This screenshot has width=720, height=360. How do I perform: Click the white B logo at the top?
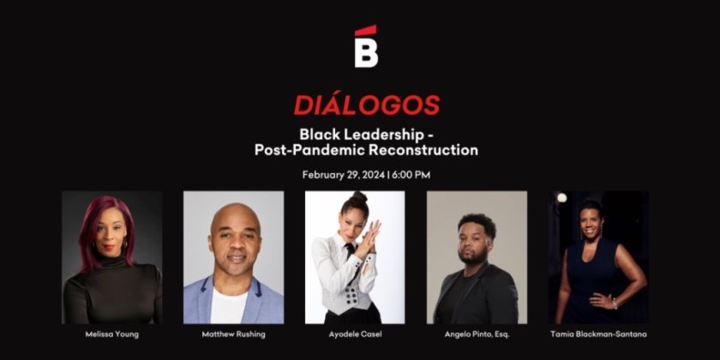point(366,52)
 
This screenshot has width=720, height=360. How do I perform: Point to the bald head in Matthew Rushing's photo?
point(234,216)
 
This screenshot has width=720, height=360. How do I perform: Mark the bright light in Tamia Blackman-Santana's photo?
point(561,198)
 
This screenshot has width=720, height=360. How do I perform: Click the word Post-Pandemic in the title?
point(294,149)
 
